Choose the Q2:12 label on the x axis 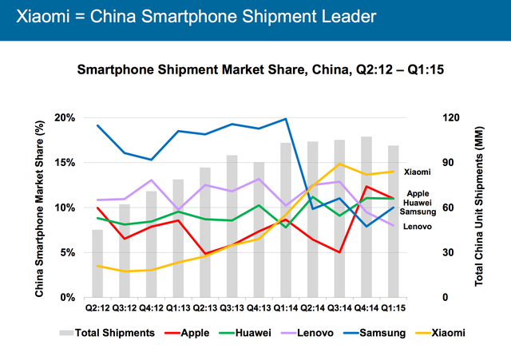(97, 307)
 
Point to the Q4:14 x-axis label (365, 307)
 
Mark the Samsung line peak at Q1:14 (286, 119)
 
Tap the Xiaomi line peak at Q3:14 (339, 164)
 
